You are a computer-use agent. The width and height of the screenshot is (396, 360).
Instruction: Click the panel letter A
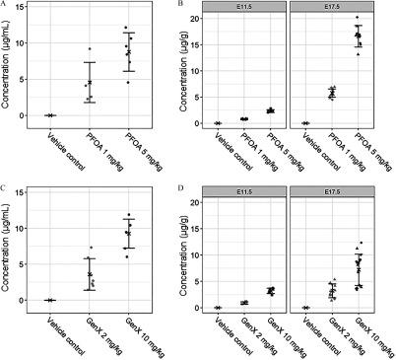(6, 5)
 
